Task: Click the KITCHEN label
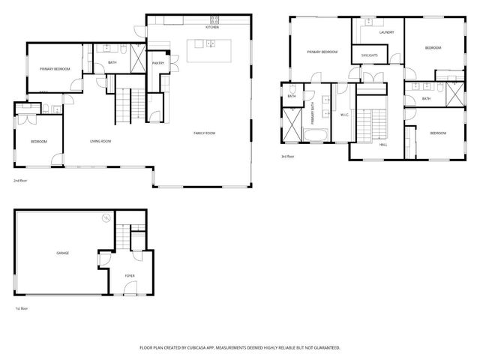click(x=212, y=27)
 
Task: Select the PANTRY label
click(x=159, y=63)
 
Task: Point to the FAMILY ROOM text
click(x=204, y=133)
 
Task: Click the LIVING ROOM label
click(x=100, y=140)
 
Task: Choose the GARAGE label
click(x=63, y=253)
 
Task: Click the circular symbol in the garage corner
click(x=106, y=217)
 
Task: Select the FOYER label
click(x=129, y=275)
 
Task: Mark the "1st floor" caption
click(x=22, y=308)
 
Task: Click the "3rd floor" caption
click(x=287, y=157)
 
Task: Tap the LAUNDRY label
click(x=386, y=32)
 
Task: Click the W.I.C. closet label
click(x=344, y=115)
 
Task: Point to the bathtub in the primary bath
click(x=315, y=136)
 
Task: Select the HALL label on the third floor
click(x=383, y=144)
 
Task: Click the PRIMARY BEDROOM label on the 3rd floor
click(x=322, y=52)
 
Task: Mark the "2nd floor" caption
click(x=21, y=181)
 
